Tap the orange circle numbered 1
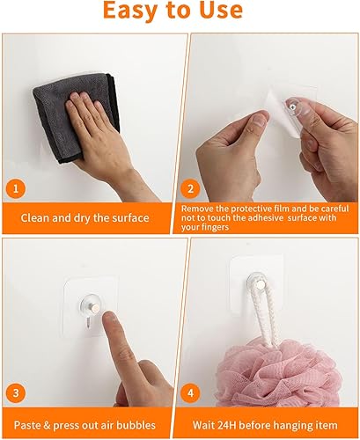coord(16,188)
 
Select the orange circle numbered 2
coord(190,188)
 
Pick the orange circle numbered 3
coord(16,392)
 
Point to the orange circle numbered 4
coord(190,392)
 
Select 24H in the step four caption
coord(225,425)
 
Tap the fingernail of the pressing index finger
coord(109,317)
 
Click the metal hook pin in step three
coord(95,308)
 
